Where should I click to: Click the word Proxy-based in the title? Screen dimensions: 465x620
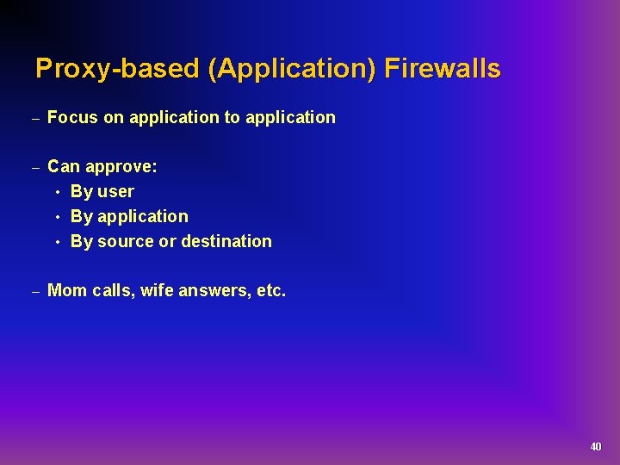click(x=116, y=69)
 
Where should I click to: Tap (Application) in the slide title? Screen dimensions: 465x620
click(x=291, y=69)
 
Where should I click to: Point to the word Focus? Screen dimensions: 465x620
click(x=73, y=118)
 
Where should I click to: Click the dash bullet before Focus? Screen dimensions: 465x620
click(x=35, y=119)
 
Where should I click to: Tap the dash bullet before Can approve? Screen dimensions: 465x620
click(x=35, y=167)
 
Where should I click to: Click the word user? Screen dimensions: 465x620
click(x=115, y=192)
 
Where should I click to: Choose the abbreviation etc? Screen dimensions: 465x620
click(x=271, y=291)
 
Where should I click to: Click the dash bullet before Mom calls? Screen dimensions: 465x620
click(x=35, y=292)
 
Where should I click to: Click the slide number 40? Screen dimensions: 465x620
click(x=595, y=447)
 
